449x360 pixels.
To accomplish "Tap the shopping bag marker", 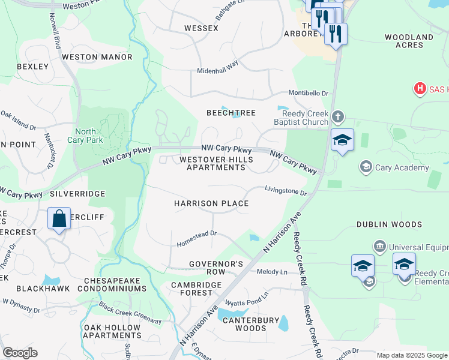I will tap(59, 219).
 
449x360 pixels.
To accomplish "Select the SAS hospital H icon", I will tap(420, 89).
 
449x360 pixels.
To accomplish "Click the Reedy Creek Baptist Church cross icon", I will tap(338, 116).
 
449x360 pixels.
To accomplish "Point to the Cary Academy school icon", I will tap(365, 166).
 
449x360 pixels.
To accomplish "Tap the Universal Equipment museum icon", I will tap(379, 246).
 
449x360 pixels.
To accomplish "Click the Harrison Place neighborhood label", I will tap(211, 203).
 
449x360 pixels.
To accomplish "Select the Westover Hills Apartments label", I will tap(216, 163).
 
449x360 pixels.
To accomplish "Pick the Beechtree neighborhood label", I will tap(231, 113).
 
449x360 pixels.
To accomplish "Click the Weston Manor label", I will tap(97, 57).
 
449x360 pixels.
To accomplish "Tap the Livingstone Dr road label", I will tap(286, 191).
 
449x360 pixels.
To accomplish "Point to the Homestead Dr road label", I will tap(196, 240).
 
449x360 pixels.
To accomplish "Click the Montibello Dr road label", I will tap(309, 94).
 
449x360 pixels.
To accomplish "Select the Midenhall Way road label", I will tap(218, 67).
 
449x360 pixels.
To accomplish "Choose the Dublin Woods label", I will tap(389, 224).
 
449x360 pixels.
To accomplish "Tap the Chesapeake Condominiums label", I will tap(115, 284).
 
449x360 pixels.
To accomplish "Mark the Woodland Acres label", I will tap(409, 41).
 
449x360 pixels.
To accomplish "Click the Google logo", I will tap(20, 353).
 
